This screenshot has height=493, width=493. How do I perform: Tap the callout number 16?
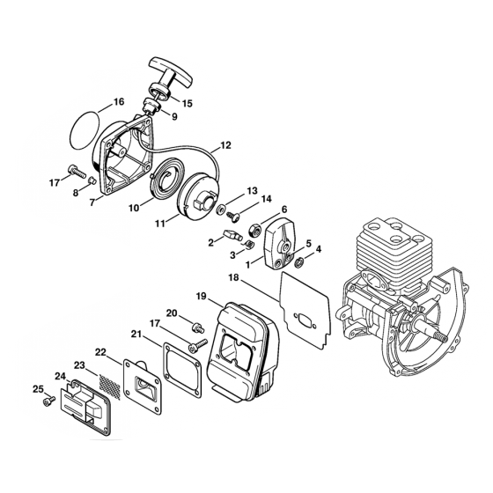click(119, 101)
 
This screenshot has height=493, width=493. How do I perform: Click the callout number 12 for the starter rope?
click(225, 145)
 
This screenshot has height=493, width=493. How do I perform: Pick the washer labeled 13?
click(220, 209)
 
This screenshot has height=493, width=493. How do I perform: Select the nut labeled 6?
click(255, 230)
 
